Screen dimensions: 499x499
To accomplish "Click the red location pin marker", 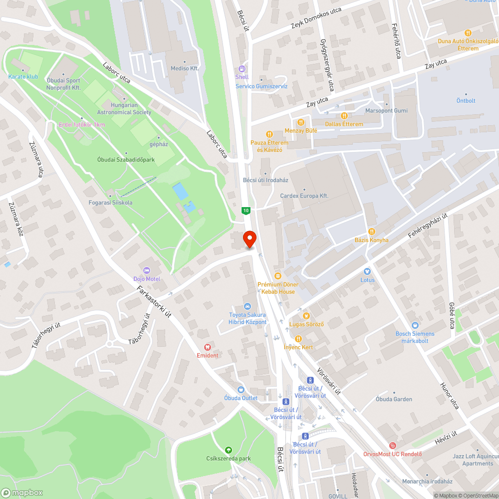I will [249, 239].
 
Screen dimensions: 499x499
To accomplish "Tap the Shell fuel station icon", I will [242, 69].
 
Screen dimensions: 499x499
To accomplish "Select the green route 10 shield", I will [246, 211].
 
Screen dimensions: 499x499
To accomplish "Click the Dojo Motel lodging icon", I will [147, 270].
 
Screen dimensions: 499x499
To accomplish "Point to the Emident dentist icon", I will [208, 347].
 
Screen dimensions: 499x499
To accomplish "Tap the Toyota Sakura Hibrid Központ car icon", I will [247, 306].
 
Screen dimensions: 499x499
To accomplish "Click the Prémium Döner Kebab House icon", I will [277, 275].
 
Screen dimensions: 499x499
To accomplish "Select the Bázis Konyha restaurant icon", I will [371, 232].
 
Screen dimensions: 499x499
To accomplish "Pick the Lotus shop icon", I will [367, 271].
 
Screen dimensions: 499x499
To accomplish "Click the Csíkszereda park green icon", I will [228, 450].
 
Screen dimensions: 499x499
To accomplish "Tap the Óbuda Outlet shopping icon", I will [241, 389].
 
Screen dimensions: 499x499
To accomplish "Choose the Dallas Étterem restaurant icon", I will [344, 115].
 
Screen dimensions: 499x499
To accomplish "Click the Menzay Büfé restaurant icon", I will [300, 122].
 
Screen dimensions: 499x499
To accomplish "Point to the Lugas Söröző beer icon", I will [306, 315].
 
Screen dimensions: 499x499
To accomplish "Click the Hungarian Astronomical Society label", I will [125, 109].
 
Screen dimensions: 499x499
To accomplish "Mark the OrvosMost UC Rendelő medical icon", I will [393, 445].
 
